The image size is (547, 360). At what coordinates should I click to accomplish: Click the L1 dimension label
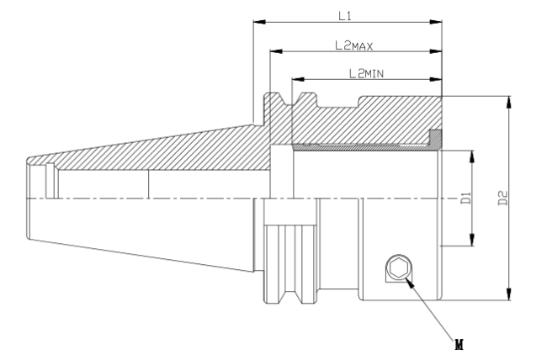[x=345, y=16]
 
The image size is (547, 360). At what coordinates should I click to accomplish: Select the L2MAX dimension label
[x=354, y=45]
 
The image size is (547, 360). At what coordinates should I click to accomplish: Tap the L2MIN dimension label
[x=366, y=73]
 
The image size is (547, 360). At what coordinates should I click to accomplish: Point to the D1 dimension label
[x=466, y=198]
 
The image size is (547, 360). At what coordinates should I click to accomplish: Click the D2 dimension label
[x=502, y=198]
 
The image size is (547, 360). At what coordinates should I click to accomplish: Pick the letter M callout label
[x=459, y=345]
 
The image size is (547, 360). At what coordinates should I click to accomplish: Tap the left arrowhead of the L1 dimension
[x=259, y=22]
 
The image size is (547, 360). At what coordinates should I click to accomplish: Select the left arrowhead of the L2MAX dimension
[x=276, y=51]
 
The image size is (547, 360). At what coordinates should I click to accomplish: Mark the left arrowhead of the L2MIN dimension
[x=298, y=80]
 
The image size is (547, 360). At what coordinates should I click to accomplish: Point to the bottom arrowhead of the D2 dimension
[x=509, y=294]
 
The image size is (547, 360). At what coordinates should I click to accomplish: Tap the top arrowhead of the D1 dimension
[x=472, y=156]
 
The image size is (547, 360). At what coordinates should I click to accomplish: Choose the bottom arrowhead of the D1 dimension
[x=472, y=240]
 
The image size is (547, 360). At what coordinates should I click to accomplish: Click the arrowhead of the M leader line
[x=411, y=283]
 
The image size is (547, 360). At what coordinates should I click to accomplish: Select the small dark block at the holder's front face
[x=435, y=137]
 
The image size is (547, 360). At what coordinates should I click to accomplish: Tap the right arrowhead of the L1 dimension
[x=436, y=22]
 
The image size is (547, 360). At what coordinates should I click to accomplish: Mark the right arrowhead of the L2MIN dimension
[x=436, y=80]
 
